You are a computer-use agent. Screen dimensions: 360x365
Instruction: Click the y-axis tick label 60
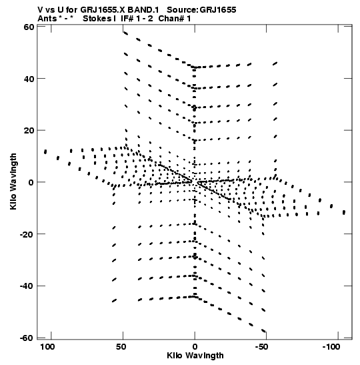[29, 27]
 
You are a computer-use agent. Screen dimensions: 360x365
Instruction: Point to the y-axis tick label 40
[29, 79]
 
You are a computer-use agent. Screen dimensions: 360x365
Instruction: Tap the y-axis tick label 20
[29, 130]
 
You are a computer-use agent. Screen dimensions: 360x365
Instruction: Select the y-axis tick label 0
[31, 182]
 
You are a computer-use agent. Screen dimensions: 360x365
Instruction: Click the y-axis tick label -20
[27, 234]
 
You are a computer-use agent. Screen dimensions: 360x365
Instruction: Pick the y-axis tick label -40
[27, 286]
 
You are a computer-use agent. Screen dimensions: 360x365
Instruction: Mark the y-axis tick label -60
[27, 338]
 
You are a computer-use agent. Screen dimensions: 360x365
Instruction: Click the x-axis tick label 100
[47, 347]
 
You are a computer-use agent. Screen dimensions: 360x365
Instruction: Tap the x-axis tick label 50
[121, 347]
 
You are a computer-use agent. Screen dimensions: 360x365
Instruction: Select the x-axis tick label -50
[261, 347]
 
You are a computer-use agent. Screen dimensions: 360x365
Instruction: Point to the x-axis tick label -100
[331, 347]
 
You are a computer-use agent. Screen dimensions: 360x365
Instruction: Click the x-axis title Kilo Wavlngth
[195, 356]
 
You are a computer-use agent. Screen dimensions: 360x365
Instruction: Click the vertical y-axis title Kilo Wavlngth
[13, 181]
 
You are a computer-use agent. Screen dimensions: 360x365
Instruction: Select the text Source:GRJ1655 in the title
[201, 10]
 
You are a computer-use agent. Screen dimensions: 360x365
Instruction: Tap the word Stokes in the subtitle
[97, 19]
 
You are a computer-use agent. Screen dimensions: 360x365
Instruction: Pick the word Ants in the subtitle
[47, 19]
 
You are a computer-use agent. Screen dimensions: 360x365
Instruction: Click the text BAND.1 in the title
[143, 10]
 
